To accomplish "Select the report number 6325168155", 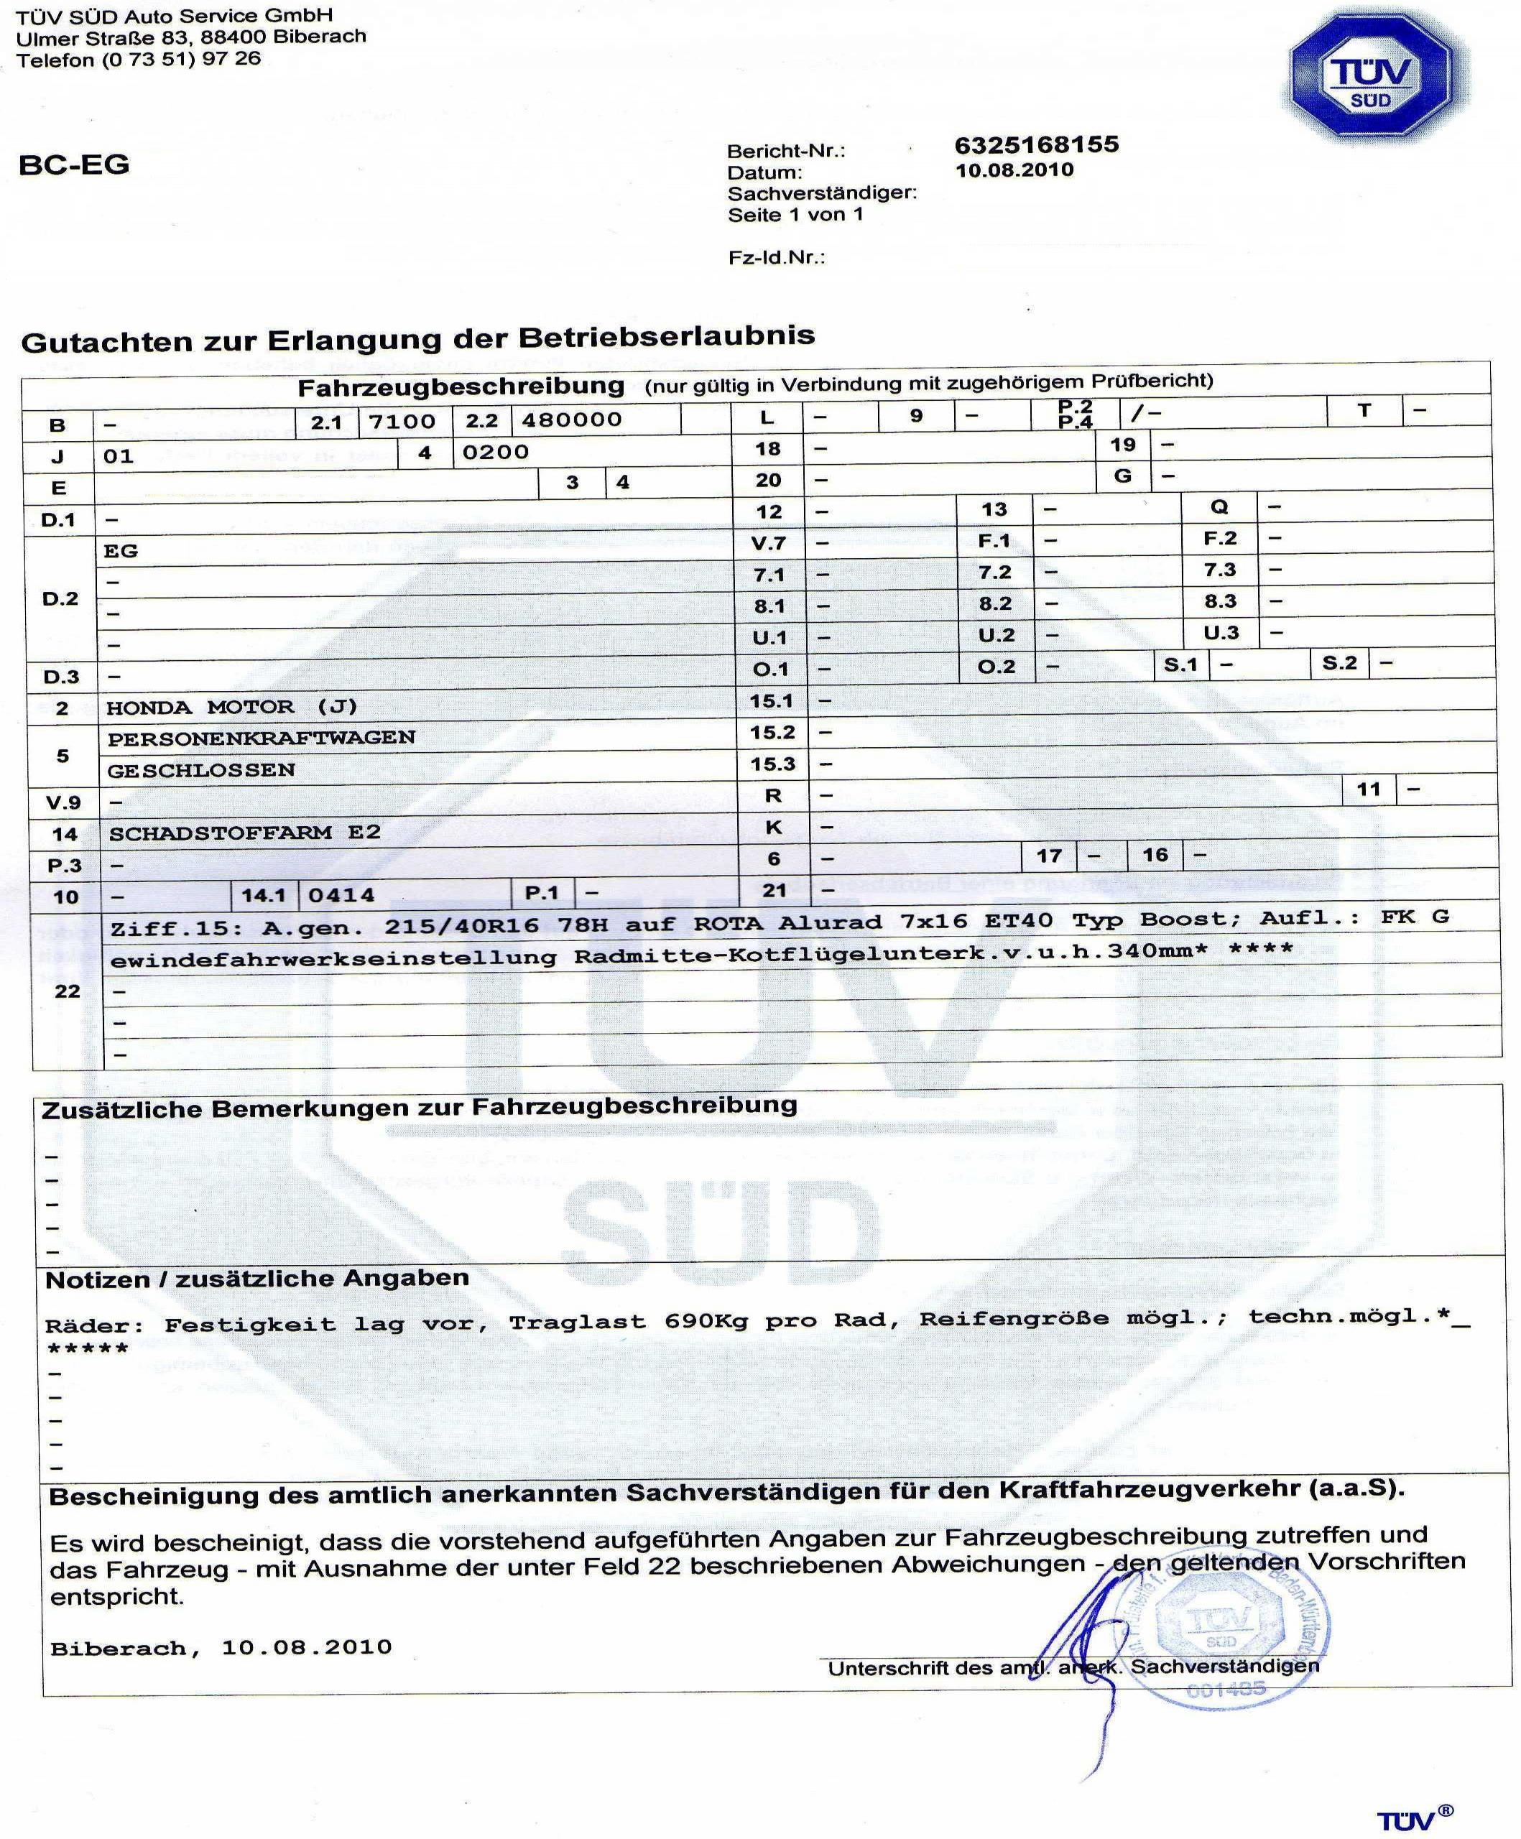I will (x=1036, y=144).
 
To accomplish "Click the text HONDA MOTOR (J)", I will (x=231, y=707).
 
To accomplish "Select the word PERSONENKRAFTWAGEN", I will (x=261, y=738).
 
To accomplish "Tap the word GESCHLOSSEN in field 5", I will (x=200, y=771).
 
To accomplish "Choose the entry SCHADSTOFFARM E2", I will (x=244, y=833).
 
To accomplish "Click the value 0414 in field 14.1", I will (x=341, y=895).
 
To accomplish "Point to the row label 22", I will (x=68, y=991).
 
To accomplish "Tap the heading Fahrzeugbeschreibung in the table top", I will (x=461, y=387).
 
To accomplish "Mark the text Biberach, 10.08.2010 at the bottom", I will (x=221, y=1648).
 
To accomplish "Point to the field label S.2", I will (x=1339, y=663).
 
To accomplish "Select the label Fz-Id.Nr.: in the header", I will (x=776, y=259).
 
